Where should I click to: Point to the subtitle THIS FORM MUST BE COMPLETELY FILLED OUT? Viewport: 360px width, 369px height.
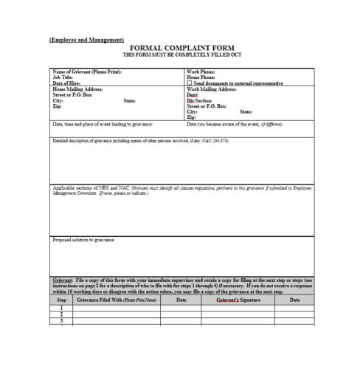181,54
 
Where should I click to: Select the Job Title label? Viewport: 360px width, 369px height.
63,77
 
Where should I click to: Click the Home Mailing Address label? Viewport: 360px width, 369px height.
78,88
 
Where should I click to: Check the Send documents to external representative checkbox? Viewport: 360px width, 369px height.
190,83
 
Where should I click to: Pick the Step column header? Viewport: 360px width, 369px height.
62,300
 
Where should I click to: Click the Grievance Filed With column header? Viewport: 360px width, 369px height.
118,300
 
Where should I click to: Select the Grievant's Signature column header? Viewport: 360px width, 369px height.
240,300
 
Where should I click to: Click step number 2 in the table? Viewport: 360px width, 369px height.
62,314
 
